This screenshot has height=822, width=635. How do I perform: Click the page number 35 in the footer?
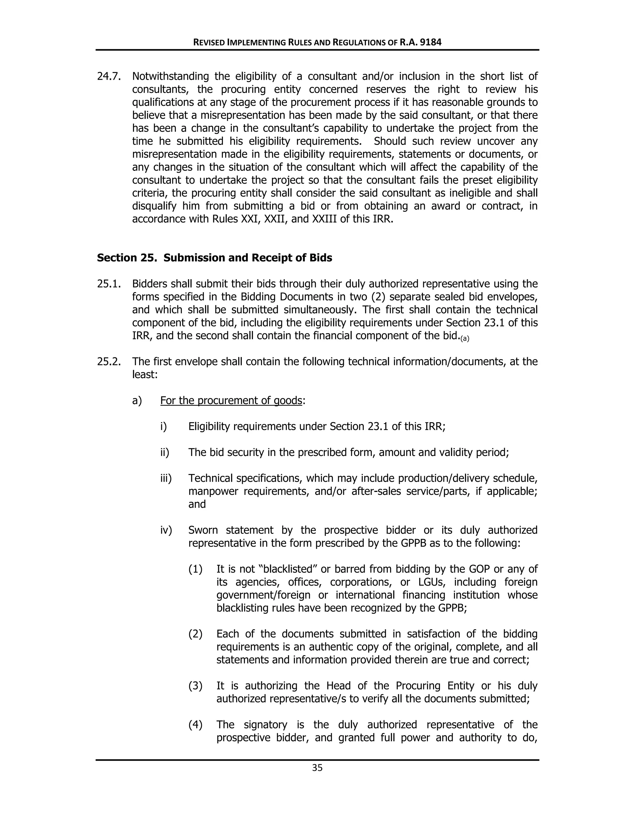pyautogui.click(x=317, y=768)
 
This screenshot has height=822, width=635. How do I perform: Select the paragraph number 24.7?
pyautogui.click(x=109, y=76)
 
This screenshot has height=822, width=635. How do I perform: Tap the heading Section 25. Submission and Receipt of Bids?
pyautogui.click(x=215, y=258)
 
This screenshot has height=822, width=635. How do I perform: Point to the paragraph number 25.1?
pyautogui.click(x=109, y=284)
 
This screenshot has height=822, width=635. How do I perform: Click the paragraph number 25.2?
pyautogui.click(x=109, y=362)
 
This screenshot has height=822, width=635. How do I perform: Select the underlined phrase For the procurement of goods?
pyautogui.click(x=231, y=400)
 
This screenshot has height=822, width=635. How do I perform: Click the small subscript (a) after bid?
pyautogui.click(x=465, y=339)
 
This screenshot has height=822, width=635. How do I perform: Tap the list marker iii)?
pyautogui.click(x=166, y=478)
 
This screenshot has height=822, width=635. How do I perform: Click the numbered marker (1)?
pyautogui.click(x=195, y=569)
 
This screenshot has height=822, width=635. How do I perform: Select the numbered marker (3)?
pyautogui.click(x=195, y=686)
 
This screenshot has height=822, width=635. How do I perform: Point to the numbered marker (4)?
pyautogui.click(x=195, y=725)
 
